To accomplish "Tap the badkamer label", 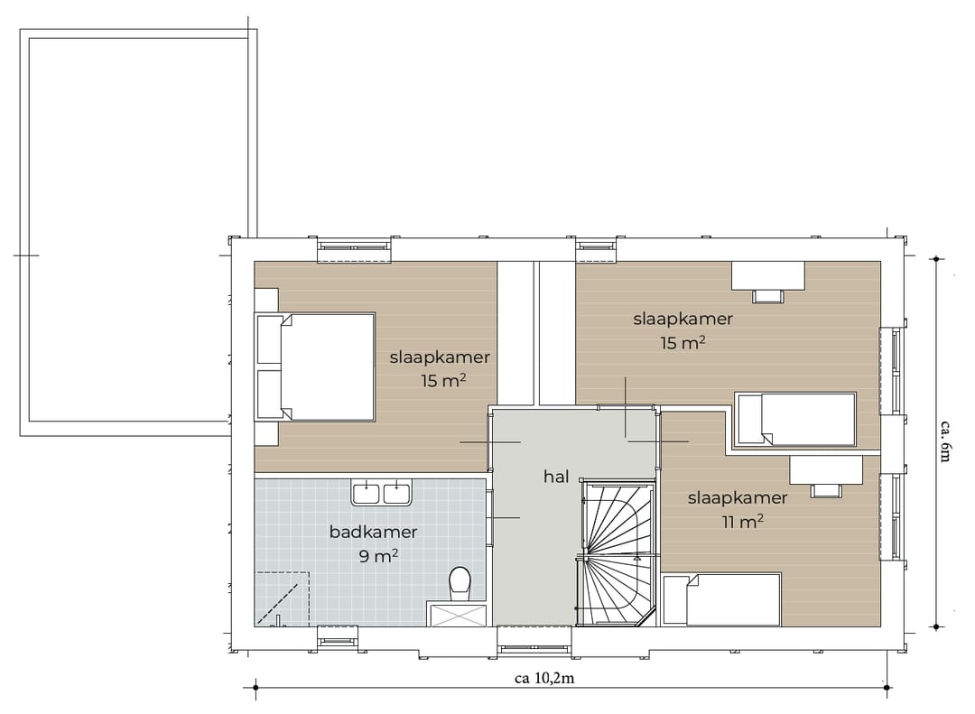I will [x=373, y=532].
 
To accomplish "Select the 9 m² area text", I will [x=379, y=556].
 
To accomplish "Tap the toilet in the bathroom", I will [x=460, y=582].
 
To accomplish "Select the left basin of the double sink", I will [x=367, y=494].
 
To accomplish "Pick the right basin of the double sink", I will [x=396, y=494].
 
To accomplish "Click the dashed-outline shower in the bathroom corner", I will [x=283, y=598].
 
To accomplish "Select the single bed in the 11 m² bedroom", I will [x=721, y=599].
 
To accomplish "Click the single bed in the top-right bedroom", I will [x=795, y=419].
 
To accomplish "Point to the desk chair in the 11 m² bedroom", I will [x=826, y=490].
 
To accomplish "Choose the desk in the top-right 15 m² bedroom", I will [x=767, y=274].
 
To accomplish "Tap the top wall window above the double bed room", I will [x=354, y=249].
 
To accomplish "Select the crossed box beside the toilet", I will [x=460, y=616].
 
